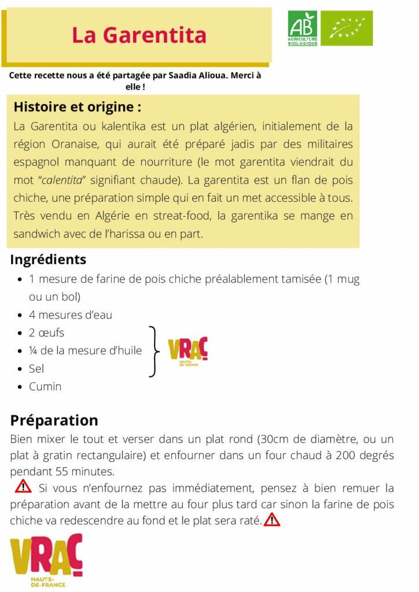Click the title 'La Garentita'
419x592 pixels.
click(x=139, y=36)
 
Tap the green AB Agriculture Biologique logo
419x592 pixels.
click(x=303, y=28)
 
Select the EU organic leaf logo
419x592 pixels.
click(x=347, y=28)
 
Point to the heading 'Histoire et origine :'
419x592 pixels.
click(x=77, y=108)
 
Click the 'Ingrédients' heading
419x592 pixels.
click(x=48, y=260)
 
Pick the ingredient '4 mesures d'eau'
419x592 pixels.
click(x=71, y=315)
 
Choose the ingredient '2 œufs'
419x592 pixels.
click(x=46, y=333)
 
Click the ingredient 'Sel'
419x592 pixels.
click(x=36, y=368)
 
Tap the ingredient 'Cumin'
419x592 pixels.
click(x=45, y=386)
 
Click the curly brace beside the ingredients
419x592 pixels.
click(x=154, y=351)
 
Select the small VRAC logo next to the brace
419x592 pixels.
click(x=188, y=350)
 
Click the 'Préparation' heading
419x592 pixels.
click(x=54, y=420)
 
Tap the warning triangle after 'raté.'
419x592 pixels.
click(x=271, y=520)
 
